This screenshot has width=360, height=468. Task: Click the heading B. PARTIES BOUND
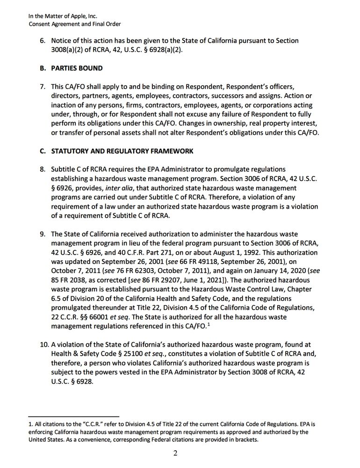71,68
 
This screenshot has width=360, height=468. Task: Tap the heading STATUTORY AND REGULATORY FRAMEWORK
122,151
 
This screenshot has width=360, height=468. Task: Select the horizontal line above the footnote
73,416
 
